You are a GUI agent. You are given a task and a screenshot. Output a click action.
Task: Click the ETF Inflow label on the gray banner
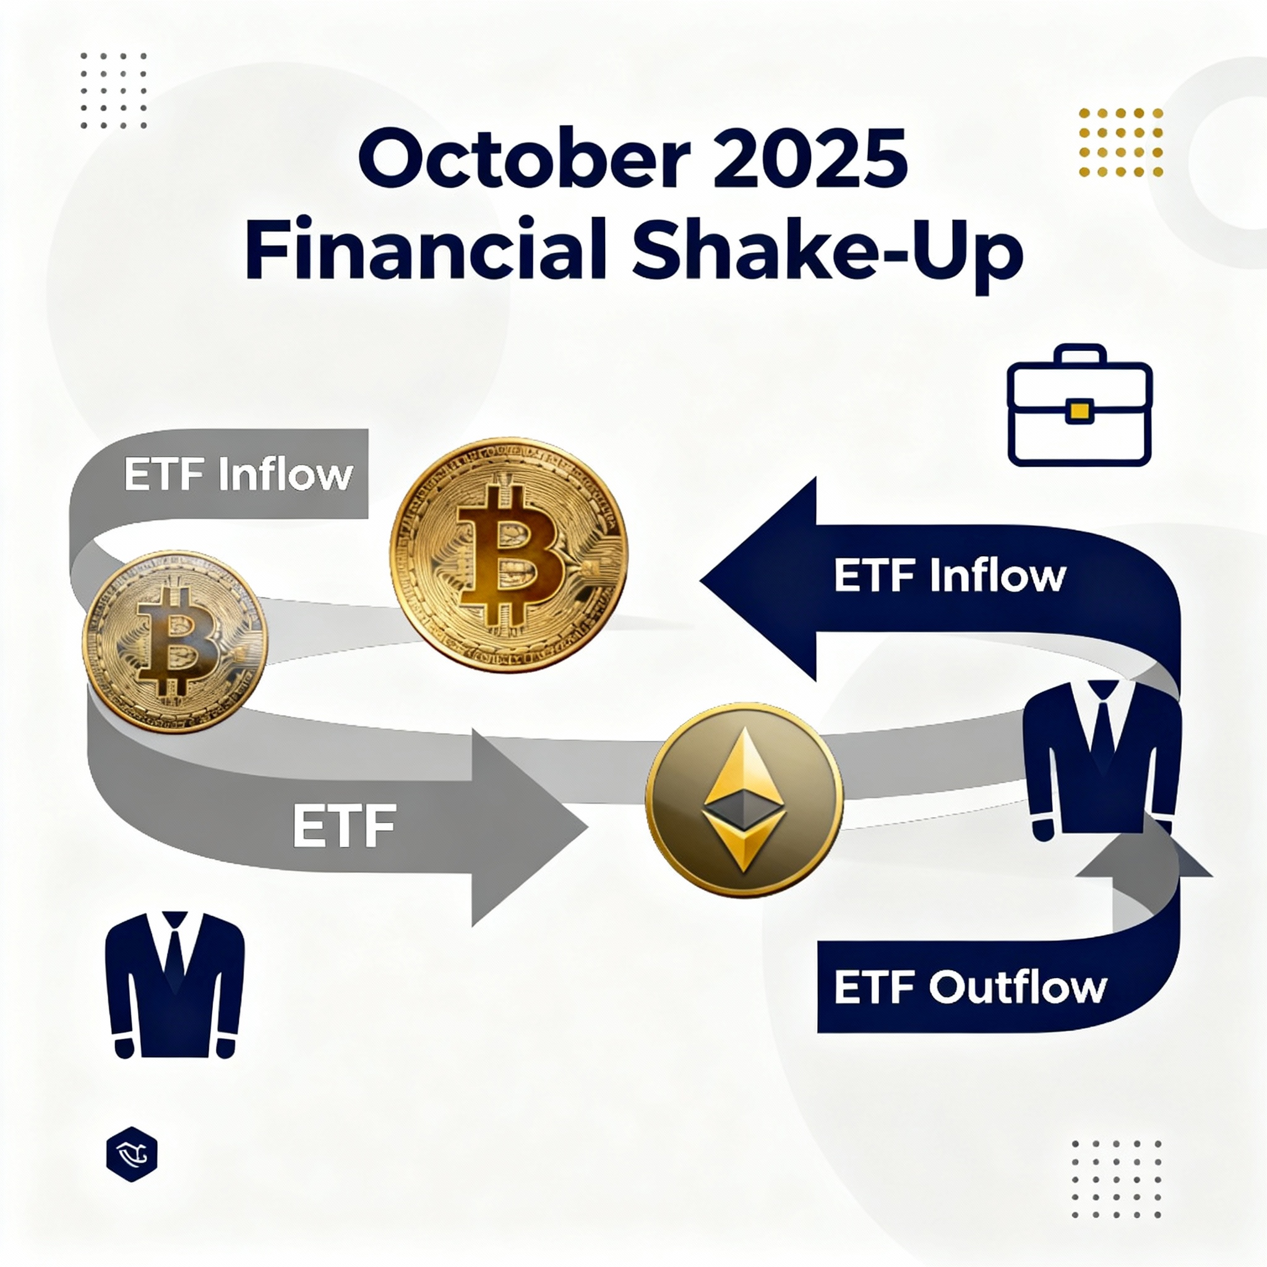[x=238, y=474]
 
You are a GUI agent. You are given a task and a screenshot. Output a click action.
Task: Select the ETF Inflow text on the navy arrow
[x=950, y=577]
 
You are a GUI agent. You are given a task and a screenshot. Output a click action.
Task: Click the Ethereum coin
[x=744, y=799]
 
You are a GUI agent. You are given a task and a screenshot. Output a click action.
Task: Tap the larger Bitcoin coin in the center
[x=509, y=554]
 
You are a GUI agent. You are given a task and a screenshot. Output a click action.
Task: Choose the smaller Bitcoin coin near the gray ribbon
[x=175, y=642]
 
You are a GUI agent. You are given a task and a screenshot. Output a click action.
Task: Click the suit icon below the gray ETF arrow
[x=174, y=983]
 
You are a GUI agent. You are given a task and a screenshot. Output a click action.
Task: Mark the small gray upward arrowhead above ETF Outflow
[x=1144, y=859]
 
